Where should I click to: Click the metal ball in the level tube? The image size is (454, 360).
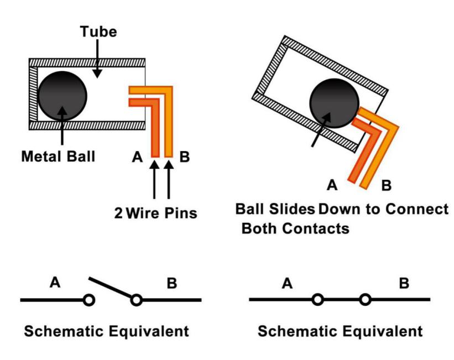tap(62, 95)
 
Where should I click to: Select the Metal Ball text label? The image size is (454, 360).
tap(58, 156)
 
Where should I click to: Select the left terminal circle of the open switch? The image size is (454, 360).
tap(88, 300)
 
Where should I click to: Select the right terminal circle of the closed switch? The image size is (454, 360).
tap(364, 300)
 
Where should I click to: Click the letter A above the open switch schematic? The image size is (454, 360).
tap(55, 283)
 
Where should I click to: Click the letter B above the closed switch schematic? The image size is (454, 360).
tap(404, 283)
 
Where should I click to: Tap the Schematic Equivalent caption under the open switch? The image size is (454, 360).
tap(105, 332)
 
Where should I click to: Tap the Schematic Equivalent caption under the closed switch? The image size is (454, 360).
tap(340, 332)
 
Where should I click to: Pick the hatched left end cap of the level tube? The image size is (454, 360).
tap(34, 94)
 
